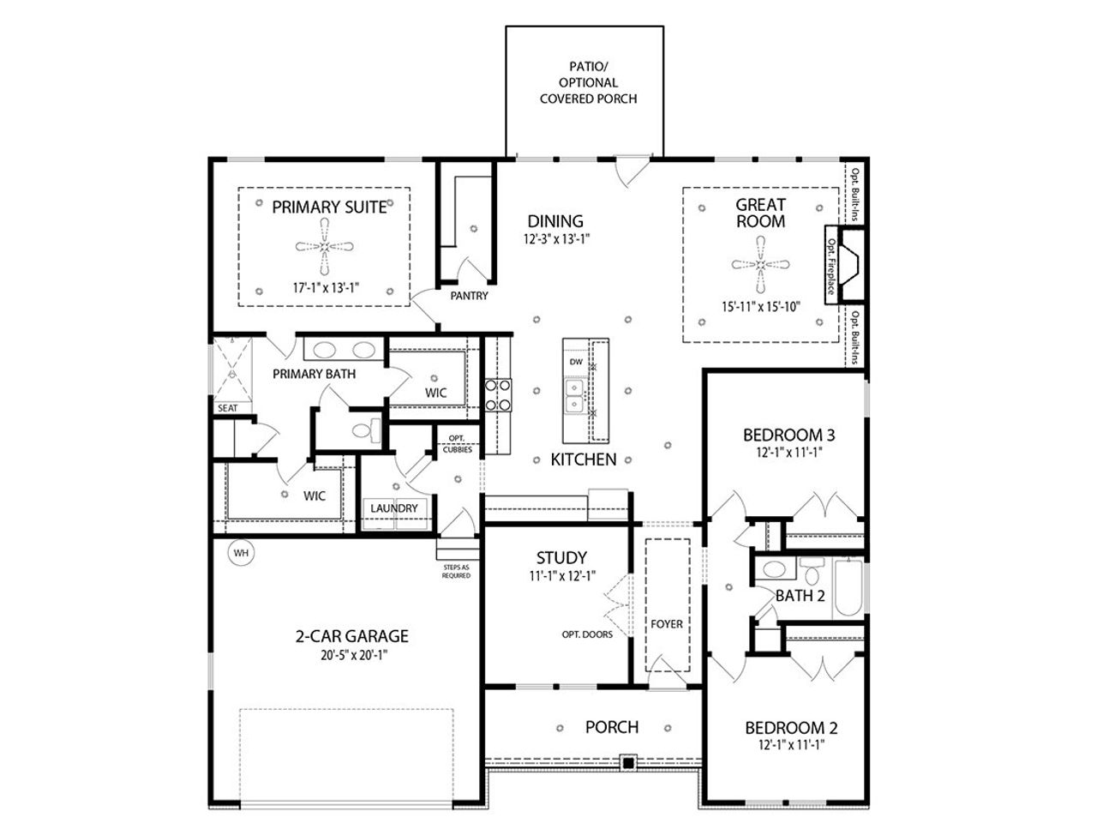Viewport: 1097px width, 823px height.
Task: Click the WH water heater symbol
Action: coord(242,553)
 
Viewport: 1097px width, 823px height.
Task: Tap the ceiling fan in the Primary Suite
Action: coord(325,247)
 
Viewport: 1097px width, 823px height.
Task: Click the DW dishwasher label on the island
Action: coord(576,363)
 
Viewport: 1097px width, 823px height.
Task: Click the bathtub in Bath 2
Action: coord(849,587)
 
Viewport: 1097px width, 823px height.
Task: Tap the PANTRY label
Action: coord(469,296)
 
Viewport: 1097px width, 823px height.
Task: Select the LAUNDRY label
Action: coord(394,508)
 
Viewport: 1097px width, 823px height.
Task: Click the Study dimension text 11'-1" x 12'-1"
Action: coord(561,576)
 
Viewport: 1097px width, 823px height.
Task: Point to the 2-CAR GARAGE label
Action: coord(351,636)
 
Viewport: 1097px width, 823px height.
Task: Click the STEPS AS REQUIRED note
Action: coord(456,571)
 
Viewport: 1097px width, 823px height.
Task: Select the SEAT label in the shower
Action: coord(227,408)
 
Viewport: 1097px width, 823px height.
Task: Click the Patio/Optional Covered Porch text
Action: coord(588,82)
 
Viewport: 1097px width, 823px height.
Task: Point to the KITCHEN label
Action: coord(583,460)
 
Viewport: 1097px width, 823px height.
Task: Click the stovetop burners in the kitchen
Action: coord(498,396)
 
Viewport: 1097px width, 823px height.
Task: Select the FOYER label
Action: coord(666,623)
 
